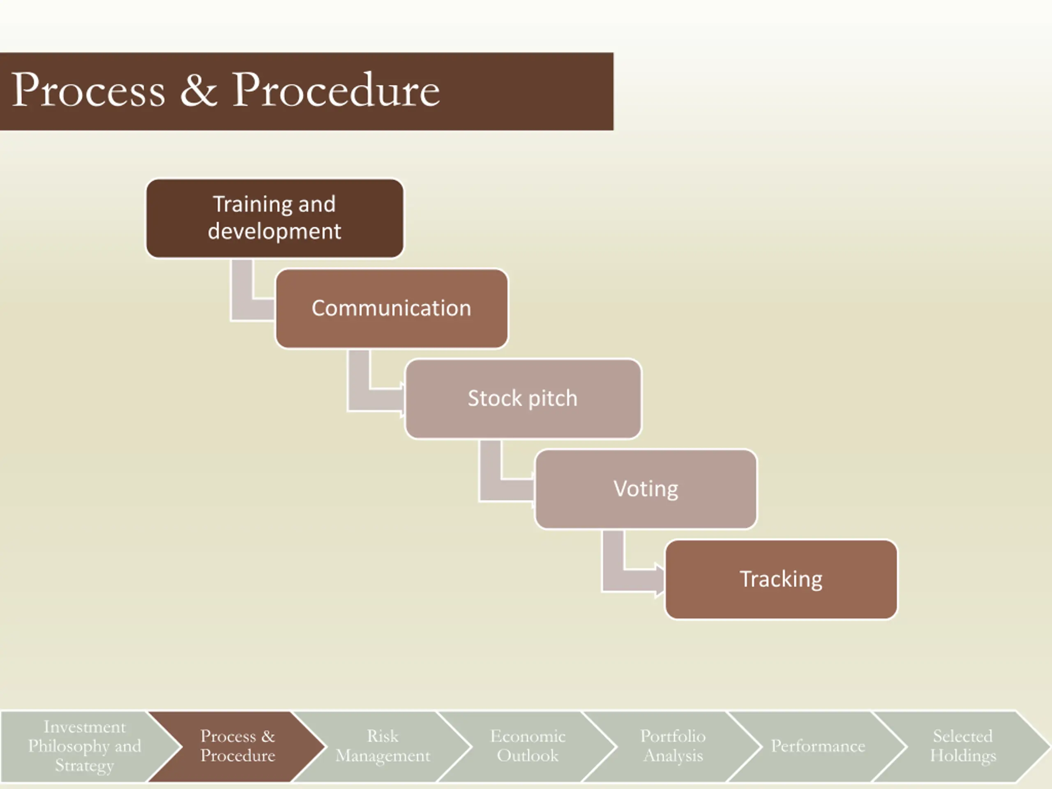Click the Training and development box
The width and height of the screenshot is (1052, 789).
[x=275, y=218]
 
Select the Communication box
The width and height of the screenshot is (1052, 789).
[x=391, y=308]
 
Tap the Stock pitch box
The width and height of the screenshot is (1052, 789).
[x=523, y=399]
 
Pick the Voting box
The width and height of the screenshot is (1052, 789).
[x=646, y=489]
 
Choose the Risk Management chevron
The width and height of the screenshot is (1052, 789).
[x=383, y=746]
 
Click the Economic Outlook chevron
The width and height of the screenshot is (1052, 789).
[x=528, y=746]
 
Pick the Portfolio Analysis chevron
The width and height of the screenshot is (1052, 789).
[x=673, y=746]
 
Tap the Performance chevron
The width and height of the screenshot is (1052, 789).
[x=818, y=746]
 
